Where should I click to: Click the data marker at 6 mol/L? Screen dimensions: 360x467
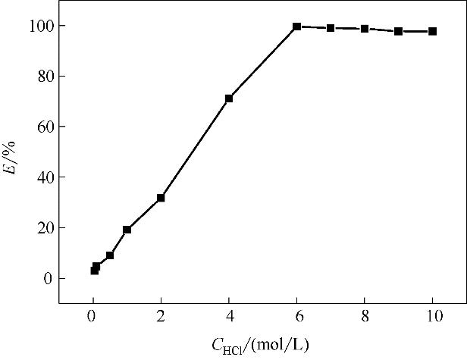pyautogui.click(x=296, y=27)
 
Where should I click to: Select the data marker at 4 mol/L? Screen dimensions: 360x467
pyautogui.click(x=229, y=99)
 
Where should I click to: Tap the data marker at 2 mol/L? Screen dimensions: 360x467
pyautogui.click(x=161, y=198)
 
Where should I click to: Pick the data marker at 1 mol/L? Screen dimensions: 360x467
pyautogui.click(x=127, y=230)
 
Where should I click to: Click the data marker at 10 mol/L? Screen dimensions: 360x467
pyautogui.click(x=432, y=31)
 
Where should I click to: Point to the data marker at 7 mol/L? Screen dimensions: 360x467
pyautogui.click(x=331, y=28)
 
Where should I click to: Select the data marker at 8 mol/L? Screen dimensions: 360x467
pyautogui.click(x=365, y=29)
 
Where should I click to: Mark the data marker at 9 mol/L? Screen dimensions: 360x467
pyautogui.click(x=398, y=31)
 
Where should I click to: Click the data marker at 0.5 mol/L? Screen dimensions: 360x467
pyautogui.click(x=110, y=255)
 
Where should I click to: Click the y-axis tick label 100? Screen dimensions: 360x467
pyautogui.click(x=42, y=26)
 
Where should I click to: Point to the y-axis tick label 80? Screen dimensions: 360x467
pyautogui.click(x=45, y=77)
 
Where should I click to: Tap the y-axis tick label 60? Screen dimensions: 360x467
pyautogui.click(x=45, y=127)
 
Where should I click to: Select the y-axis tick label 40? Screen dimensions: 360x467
pyautogui.click(x=45, y=177)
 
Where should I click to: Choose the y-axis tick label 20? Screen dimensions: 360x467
pyautogui.click(x=45, y=227)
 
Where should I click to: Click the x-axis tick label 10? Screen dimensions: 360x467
pyautogui.click(x=432, y=318)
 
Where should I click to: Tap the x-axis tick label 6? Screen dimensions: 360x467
pyautogui.click(x=296, y=318)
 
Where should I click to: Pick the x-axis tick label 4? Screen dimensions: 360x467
pyautogui.click(x=229, y=318)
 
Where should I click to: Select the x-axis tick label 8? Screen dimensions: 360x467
pyautogui.click(x=365, y=318)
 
